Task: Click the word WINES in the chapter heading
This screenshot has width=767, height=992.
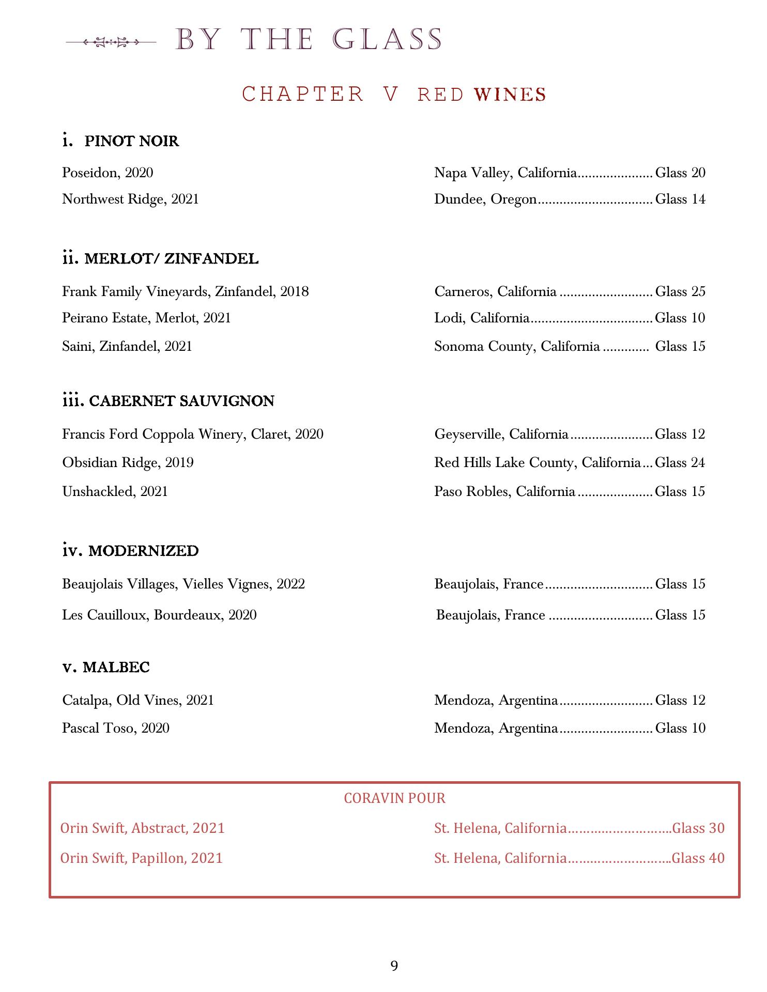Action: (510, 95)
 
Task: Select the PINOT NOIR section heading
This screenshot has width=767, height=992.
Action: (131, 141)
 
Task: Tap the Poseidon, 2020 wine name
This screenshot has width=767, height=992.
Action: (108, 173)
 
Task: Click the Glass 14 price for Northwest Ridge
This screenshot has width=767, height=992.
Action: (680, 199)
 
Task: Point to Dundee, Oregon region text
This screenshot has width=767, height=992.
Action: (485, 199)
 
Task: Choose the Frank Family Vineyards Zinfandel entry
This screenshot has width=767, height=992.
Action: (185, 292)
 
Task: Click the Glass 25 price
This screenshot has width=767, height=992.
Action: (680, 292)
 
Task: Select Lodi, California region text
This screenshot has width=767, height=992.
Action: (482, 318)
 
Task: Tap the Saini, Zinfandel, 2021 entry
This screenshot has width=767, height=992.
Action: (127, 346)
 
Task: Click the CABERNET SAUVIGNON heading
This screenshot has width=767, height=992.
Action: (181, 401)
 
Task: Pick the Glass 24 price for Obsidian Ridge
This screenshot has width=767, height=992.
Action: (680, 462)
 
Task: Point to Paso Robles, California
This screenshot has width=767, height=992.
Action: (504, 491)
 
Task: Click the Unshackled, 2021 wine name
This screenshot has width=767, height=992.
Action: (115, 491)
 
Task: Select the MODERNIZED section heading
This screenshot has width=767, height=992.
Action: (143, 551)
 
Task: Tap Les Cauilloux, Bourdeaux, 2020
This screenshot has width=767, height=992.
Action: (159, 615)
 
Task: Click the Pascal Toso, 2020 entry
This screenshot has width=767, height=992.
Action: (116, 729)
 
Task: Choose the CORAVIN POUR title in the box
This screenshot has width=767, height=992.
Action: (394, 798)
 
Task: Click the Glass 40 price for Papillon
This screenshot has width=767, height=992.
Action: (698, 858)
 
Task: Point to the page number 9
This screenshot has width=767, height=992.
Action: (394, 966)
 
